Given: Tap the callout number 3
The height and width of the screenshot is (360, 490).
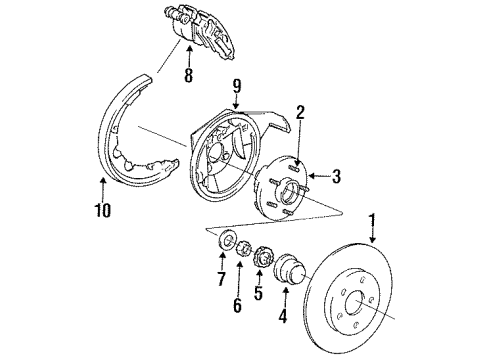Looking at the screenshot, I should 336,178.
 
